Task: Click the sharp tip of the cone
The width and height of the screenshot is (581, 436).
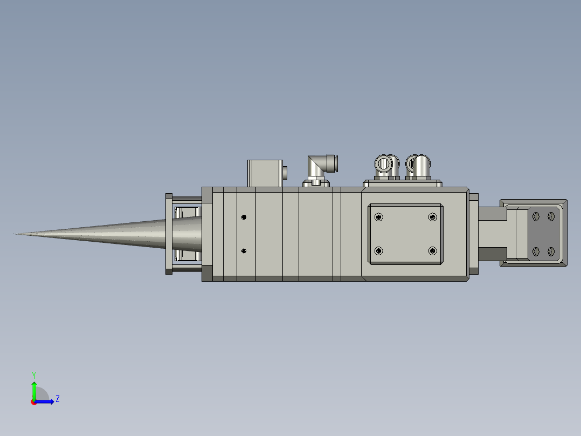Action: [15, 234]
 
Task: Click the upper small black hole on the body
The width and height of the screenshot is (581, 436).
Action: [244, 217]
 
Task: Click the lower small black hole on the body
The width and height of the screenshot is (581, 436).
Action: [244, 251]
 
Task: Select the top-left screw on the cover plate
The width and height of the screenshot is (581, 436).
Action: [379, 217]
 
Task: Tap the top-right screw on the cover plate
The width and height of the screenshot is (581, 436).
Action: [432, 217]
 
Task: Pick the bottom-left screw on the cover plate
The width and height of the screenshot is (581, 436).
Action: [379, 250]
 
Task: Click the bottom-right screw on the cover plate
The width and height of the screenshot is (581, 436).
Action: [432, 250]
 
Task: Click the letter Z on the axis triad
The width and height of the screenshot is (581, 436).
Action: [57, 399]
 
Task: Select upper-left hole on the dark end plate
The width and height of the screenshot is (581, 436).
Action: [535, 216]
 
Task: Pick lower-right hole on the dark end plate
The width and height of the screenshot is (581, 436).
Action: [551, 251]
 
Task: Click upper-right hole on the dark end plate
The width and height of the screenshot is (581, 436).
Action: [551, 216]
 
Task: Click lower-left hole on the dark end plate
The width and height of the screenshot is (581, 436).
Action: [535, 251]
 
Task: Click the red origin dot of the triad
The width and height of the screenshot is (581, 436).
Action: [33, 402]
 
